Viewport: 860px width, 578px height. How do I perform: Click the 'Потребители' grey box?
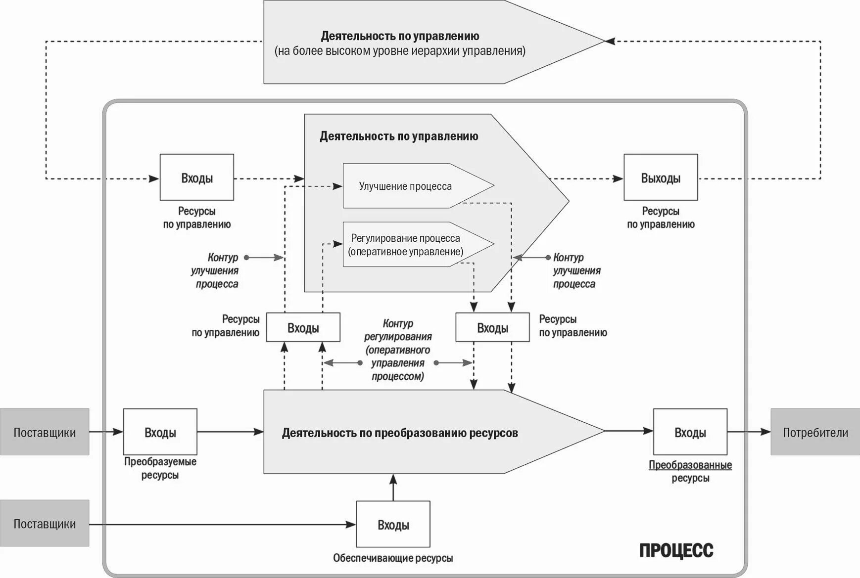pos(815,432)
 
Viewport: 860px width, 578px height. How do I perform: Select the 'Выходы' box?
pos(661,178)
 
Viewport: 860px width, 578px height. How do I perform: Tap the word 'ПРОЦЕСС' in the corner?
pos(676,550)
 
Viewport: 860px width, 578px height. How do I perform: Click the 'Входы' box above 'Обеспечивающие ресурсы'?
pos(393,525)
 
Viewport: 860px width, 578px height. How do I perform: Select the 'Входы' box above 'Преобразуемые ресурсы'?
pos(160,432)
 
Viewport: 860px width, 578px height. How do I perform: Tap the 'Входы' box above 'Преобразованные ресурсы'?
pos(690,432)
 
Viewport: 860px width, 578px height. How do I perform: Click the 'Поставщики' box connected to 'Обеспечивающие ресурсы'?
pos(45,524)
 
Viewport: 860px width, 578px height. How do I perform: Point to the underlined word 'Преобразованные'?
pos(690,465)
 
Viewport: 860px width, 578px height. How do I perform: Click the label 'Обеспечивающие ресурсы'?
pos(393,558)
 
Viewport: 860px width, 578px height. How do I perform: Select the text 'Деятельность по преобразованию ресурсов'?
pos(400,433)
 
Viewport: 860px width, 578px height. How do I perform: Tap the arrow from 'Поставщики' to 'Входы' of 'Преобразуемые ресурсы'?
pos(106,432)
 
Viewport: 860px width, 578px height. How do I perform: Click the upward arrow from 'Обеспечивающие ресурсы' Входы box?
pos(393,487)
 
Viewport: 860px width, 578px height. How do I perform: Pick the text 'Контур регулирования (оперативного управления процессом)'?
pos(398,350)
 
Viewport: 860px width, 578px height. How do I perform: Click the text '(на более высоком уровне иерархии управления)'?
pos(400,51)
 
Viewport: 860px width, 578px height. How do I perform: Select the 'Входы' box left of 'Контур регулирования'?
pos(303,328)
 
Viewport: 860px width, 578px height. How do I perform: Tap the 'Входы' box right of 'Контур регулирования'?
pos(492,328)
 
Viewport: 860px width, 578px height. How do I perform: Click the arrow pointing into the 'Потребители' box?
pos(749,432)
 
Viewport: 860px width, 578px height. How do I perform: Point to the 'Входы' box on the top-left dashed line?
pos(196,178)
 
